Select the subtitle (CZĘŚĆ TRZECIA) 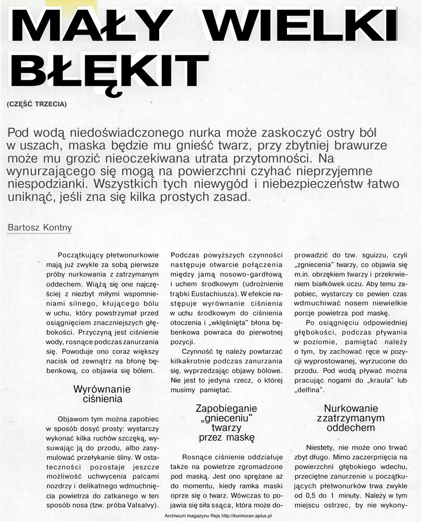[x=37, y=104]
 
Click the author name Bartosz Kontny [x=40, y=227]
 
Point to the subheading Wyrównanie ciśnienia [x=98, y=394]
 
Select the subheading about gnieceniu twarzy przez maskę [x=226, y=423]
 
